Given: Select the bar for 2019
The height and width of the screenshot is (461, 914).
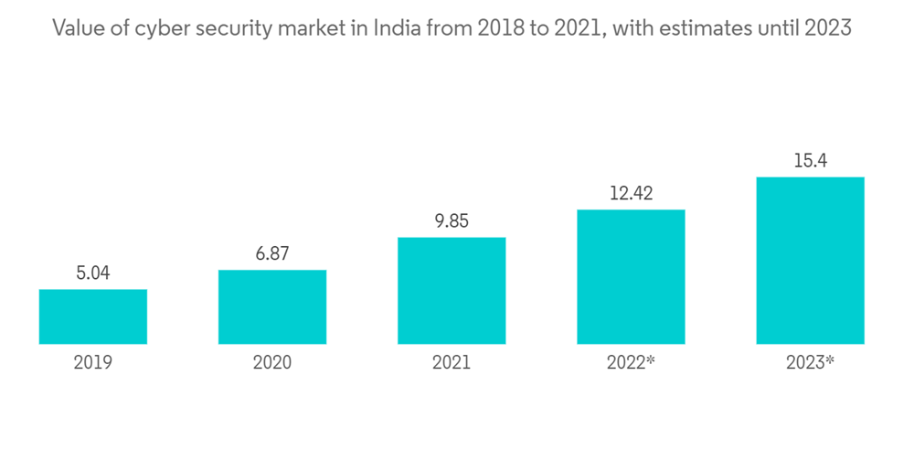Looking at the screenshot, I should coord(93,316).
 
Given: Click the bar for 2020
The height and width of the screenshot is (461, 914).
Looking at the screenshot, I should coord(272,307).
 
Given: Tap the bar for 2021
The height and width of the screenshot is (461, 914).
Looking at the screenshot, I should coord(452,291).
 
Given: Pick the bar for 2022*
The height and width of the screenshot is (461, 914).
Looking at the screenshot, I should coord(631,277).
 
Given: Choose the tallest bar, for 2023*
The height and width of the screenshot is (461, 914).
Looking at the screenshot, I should coord(810,261).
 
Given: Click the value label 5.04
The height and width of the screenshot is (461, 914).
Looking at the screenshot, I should coord(93,273).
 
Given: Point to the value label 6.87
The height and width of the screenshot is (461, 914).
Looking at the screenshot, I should coord(272,254).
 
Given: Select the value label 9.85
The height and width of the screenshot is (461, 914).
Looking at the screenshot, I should coord(452,221).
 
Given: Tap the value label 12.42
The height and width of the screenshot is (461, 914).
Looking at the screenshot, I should coord(631,194).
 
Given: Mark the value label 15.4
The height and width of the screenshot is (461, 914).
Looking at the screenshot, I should coord(810,161).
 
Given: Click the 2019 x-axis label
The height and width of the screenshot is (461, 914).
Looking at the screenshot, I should coord(93,363).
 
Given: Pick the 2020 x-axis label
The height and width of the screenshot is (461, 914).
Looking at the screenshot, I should coord(272,363).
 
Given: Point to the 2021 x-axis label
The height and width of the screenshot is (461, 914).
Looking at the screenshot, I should coord(452,363).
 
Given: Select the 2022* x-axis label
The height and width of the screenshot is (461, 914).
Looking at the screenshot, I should coord(631,363).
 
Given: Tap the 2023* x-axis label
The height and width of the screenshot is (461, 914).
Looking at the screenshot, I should coord(810,363).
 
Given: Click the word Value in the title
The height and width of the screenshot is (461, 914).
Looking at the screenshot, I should coord(75,28).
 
